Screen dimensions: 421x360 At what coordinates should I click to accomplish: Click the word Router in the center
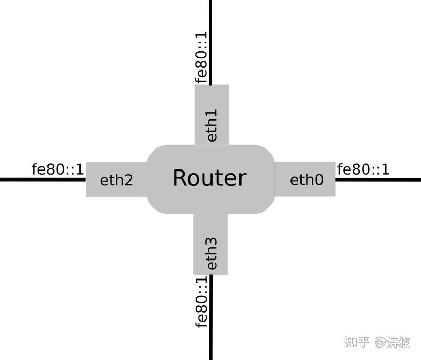pyautogui.click(x=209, y=178)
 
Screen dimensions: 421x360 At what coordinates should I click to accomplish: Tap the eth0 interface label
pyautogui.click(x=306, y=180)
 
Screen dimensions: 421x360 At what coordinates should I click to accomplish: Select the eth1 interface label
pyautogui.click(x=212, y=125)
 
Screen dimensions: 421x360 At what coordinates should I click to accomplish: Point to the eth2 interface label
pyautogui.click(x=116, y=181)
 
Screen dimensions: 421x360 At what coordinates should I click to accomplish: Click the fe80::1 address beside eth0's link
pyautogui.click(x=363, y=169)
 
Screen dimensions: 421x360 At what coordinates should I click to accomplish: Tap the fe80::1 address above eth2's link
pyautogui.click(x=58, y=169)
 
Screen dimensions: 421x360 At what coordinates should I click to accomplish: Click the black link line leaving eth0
pyautogui.click(x=379, y=179)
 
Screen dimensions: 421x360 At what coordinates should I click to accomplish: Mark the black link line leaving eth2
pyautogui.click(x=42, y=179)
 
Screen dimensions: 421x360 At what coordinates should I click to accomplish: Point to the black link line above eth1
pyautogui.click(x=211, y=32)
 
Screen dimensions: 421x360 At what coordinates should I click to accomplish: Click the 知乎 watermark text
pyautogui.click(x=357, y=342)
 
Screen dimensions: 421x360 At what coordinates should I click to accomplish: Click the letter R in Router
pyautogui.click(x=179, y=178)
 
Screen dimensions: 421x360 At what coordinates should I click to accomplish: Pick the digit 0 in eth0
pyautogui.click(x=317, y=180)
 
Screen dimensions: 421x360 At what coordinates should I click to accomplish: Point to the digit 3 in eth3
pyautogui.click(x=212, y=243)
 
